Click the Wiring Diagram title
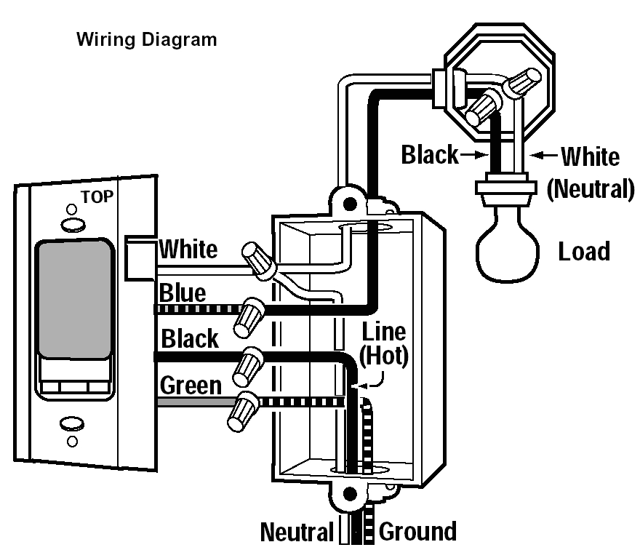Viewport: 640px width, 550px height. (x=146, y=39)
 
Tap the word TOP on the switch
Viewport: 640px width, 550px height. (x=97, y=196)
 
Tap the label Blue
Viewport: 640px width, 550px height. (x=182, y=294)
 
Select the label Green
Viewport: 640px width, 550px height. (x=191, y=385)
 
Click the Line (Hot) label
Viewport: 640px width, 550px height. (x=383, y=343)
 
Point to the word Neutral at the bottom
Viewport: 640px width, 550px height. (x=297, y=532)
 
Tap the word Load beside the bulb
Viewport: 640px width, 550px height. (x=584, y=252)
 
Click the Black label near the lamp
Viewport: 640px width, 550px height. (x=430, y=155)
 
